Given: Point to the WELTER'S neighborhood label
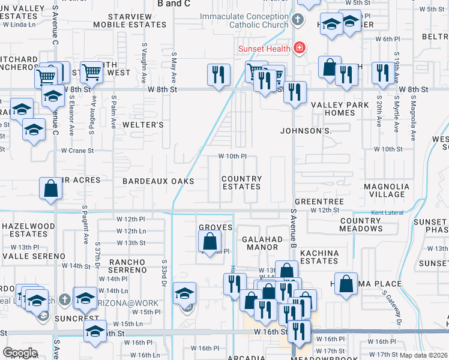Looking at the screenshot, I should pyautogui.click(x=143, y=125).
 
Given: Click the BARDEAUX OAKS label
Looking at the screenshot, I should pyautogui.click(x=158, y=181).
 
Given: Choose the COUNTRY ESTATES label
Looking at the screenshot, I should pyautogui.click(x=241, y=182).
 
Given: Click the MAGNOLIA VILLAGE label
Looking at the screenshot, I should pyautogui.click(x=387, y=190).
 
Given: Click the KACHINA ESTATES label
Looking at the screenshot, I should pyautogui.click(x=319, y=257).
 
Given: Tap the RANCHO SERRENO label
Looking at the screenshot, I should pyautogui.click(x=128, y=266).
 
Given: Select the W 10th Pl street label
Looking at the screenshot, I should pyautogui.click(x=232, y=157).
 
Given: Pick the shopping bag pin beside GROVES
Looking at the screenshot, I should pyautogui.click(x=210, y=242).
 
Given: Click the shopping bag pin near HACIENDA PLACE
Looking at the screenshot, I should pyautogui.click(x=347, y=284).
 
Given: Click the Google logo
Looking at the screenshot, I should pyautogui.click(x=20, y=353).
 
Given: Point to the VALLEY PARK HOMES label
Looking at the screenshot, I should pyautogui.click(x=340, y=109).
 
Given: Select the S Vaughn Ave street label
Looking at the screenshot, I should pyautogui.click(x=144, y=62).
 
